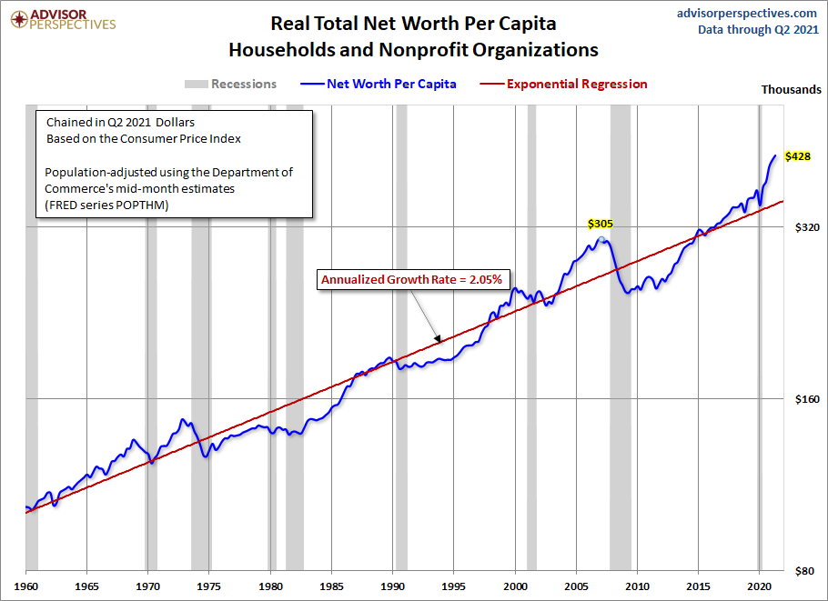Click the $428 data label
[798, 157]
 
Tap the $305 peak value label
[601, 223]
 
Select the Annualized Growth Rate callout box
[410, 279]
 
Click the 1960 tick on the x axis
[25, 586]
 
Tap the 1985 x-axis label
[332, 586]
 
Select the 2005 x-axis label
[577, 586]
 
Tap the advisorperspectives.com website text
[748, 13]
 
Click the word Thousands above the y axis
[791, 89]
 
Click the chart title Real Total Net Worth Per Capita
[413, 23]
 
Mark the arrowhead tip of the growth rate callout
[440, 342]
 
